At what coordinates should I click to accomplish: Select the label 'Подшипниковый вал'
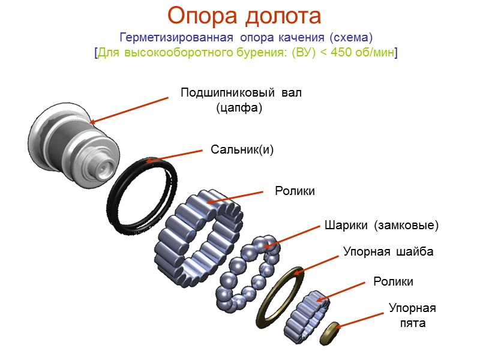(241, 93)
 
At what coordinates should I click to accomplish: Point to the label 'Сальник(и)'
(242, 149)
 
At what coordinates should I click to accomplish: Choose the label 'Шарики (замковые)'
(382, 226)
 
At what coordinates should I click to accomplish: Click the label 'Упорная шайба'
(388, 251)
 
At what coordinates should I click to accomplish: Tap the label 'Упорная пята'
(412, 316)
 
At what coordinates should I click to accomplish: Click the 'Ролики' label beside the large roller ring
(295, 191)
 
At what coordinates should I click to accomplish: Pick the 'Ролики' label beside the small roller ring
(394, 281)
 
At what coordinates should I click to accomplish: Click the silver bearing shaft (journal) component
(72, 147)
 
